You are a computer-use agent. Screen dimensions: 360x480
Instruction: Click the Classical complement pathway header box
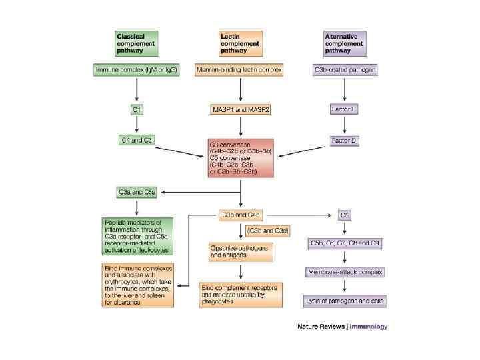click(137, 43)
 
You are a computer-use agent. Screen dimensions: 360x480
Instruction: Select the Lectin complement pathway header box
click(241, 43)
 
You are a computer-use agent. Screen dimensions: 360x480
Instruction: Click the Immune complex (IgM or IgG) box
click(137, 69)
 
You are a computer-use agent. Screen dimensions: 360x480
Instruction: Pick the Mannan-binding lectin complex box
click(241, 69)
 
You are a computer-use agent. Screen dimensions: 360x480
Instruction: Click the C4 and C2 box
click(137, 140)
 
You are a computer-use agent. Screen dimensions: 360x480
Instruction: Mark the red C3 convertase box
click(241, 157)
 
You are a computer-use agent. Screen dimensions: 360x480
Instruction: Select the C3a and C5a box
click(137, 193)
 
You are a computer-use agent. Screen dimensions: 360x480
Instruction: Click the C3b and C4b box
click(240, 215)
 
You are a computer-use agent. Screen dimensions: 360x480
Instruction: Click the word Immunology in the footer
click(365, 327)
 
